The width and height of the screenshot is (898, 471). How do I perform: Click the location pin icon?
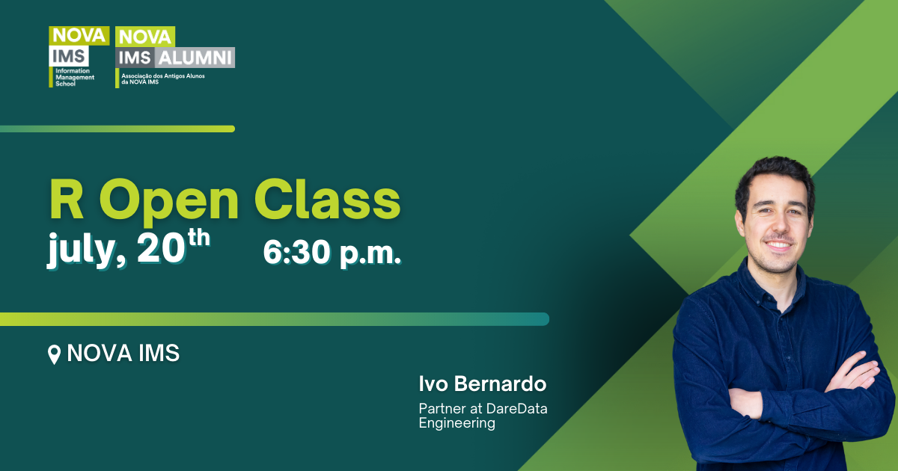(x=54, y=354)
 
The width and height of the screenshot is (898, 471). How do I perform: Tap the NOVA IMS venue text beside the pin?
(x=123, y=353)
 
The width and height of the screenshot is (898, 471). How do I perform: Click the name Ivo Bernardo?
(x=483, y=385)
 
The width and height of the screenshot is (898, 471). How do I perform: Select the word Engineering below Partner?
(x=456, y=423)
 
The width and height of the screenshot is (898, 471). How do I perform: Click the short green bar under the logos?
(x=117, y=129)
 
